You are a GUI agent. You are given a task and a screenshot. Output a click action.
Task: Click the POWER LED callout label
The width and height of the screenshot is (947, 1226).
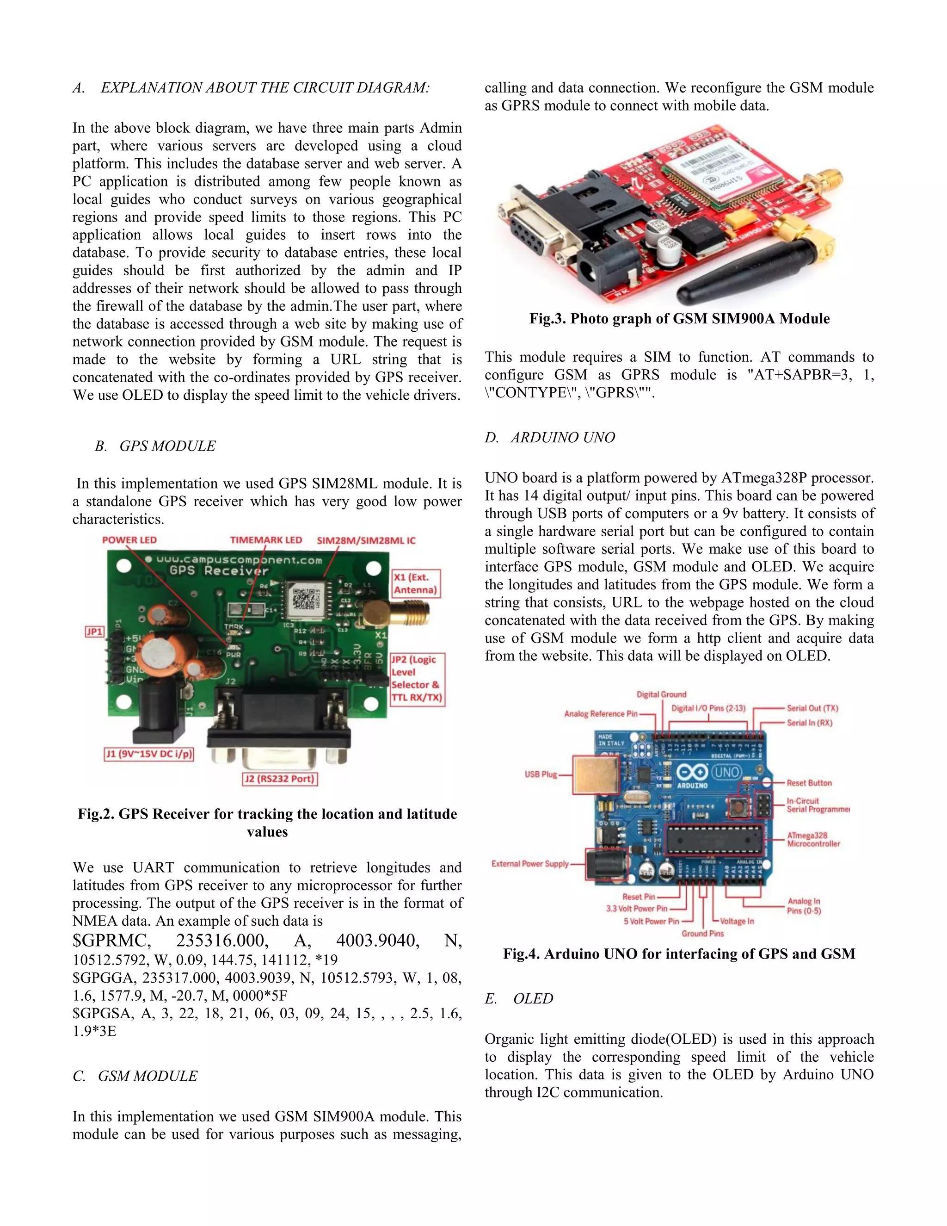tap(129, 540)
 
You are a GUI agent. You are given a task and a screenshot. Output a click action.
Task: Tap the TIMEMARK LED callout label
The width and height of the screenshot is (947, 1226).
tap(266, 540)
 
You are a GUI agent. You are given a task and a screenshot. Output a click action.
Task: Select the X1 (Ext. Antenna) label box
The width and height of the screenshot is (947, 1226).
tap(415, 583)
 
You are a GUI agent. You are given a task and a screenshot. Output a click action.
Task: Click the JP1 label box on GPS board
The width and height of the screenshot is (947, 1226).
tap(94, 632)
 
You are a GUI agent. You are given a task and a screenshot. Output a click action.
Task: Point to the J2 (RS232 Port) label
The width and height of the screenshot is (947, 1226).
tap(280, 779)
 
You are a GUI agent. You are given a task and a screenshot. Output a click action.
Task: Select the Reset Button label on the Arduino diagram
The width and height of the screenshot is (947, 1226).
tap(809, 782)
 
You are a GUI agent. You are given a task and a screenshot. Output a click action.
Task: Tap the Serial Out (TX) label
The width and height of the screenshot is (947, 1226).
tap(812, 708)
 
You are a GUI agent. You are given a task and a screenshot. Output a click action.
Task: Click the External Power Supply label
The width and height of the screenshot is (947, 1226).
tap(529, 863)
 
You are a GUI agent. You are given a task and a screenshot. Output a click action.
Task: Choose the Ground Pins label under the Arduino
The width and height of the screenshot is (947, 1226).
tap(702, 934)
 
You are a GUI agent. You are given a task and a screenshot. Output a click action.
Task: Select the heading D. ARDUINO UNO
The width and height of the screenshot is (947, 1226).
tap(550, 437)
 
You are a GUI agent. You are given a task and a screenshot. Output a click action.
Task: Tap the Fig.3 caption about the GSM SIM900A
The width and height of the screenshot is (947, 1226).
tap(679, 318)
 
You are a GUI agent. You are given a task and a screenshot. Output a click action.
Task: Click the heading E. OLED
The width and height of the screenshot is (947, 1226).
tap(519, 999)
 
